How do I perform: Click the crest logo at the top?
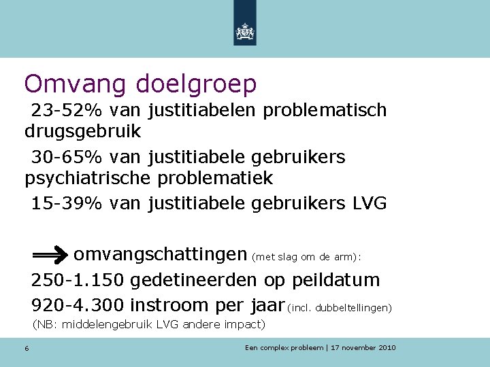[244, 31]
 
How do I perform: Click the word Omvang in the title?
[76, 84]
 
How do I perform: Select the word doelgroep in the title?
[197, 85]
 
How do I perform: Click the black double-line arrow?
[50, 256]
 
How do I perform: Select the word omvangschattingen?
[160, 255]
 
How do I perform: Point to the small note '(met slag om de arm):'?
[307, 257]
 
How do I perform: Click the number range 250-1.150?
[78, 280]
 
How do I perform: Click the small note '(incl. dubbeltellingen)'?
[340, 308]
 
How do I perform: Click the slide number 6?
[26, 349]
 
